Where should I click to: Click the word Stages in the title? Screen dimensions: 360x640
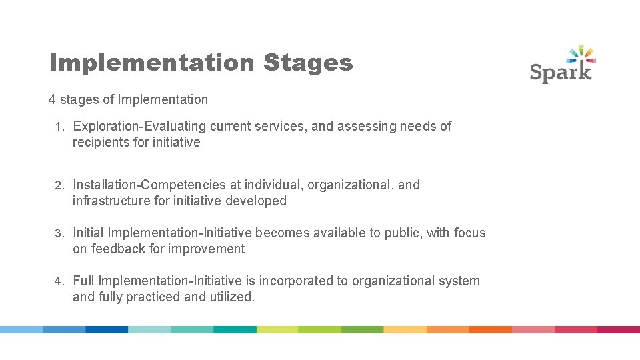coord(307,63)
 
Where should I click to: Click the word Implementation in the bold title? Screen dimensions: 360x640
coord(152,63)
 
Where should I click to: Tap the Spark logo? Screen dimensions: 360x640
coord(562,65)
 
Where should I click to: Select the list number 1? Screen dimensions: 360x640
coord(59,127)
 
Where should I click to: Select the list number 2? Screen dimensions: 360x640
coord(59,185)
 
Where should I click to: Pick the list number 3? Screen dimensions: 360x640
coord(59,233)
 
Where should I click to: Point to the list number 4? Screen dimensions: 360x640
coord(59,281)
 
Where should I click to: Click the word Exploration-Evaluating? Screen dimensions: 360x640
coord(139,126)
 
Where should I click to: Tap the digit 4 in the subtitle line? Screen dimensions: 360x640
coord(52,100)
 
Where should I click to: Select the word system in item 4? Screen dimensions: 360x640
coord(459,281)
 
